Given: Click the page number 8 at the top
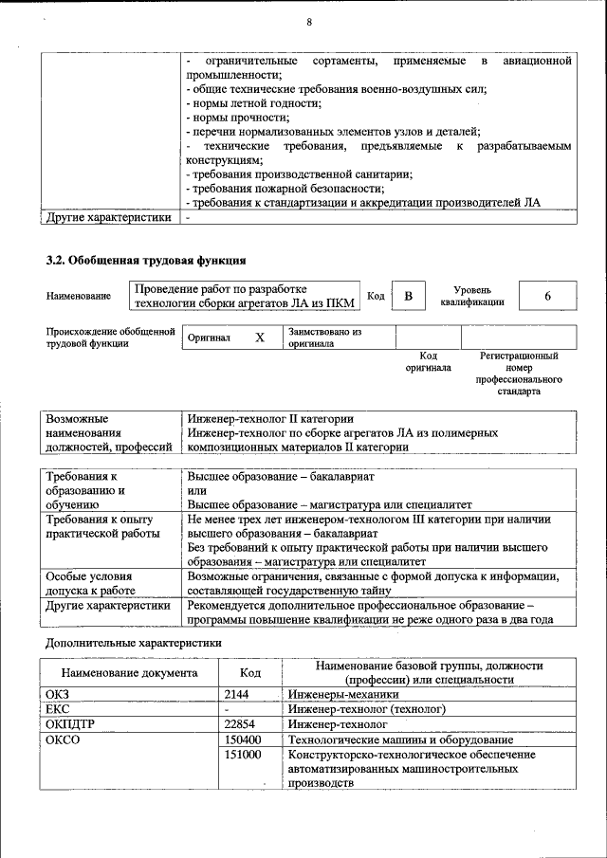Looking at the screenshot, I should [308, 22].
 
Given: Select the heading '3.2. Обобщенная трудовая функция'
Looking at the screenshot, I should [147, 259].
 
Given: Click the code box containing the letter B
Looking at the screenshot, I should [409, 297].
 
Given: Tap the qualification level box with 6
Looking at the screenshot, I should [547, 297].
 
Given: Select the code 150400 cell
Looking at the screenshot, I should [245, 739].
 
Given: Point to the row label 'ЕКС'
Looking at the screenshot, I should [58, 709].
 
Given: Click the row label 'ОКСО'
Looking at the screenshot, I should [63, 739].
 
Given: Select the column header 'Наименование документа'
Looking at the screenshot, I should [131, 672].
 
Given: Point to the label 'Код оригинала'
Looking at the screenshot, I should [428, 361].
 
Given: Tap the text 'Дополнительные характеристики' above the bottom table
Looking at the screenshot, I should [134, 642].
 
